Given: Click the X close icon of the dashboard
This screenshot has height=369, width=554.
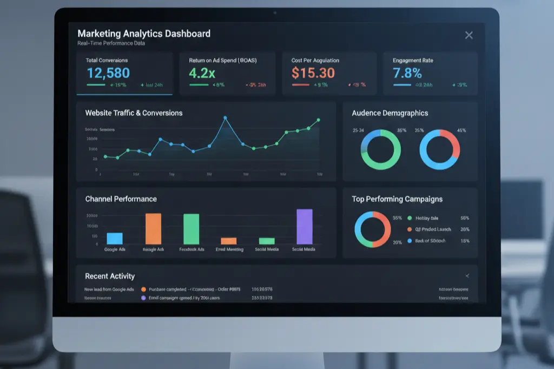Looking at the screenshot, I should click(x=469, y=35).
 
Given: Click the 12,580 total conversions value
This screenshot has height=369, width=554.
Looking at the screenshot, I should click(x=108, y=73).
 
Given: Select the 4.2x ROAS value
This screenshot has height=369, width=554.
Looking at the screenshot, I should click(x=202, y=73).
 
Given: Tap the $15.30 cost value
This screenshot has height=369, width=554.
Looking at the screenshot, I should click(x=313, y=73).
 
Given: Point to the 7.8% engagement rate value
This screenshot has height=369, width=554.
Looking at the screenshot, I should click(x=407, y=73).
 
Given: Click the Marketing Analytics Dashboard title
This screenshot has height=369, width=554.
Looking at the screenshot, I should click(x=144, y=34).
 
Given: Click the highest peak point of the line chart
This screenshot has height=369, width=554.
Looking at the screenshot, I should click(x=225, y=117).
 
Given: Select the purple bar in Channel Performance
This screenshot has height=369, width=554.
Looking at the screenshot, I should click(x=305, y=227).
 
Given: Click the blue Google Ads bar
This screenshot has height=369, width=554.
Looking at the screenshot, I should click(x=115, y=239).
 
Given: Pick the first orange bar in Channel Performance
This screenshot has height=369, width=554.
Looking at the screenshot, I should click(x=153, y=229).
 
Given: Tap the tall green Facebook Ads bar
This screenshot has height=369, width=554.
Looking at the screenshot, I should click(x=192, y=229).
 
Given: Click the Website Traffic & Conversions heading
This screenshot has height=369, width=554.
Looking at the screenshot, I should click(x=134, y=113).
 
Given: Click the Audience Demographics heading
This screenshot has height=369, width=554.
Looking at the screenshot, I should click(x=390, y=113).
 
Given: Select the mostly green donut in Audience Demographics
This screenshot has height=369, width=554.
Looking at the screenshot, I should click(x=381, y=149).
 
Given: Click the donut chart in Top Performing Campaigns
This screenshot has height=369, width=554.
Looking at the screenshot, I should click(x=373, y=229).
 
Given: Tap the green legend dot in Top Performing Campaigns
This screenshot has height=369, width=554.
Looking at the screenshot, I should click(x=410, y=218).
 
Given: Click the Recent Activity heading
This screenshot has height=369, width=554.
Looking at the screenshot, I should click(x=110, y=276).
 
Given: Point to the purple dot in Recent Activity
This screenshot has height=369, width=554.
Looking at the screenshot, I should click(x=143, y=298).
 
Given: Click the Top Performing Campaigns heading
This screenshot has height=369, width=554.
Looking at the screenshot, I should click(x=397, y=199).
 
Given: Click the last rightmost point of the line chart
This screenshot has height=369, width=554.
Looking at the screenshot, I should click(x=319, y=120).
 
